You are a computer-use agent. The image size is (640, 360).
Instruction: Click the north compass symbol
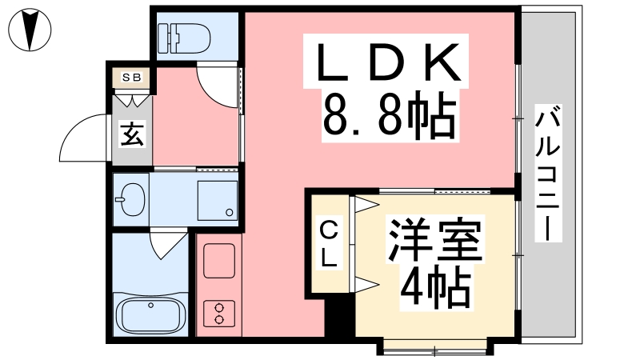click(30, 30)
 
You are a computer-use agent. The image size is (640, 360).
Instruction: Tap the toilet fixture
click(184, 38)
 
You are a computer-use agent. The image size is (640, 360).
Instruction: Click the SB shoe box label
click(132, 77)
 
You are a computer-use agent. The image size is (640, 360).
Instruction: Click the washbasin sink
click(131, 199)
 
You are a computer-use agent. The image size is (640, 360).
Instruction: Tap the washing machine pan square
click(218, 201)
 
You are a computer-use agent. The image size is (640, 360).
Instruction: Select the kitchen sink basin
click(219, 261)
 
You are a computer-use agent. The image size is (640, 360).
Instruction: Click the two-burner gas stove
click(219, 314)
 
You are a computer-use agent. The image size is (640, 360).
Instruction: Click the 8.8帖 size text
click(390, 115)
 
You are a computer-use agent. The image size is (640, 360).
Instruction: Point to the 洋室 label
click(435, 241)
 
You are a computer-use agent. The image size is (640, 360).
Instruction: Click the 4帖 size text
click(435, 287)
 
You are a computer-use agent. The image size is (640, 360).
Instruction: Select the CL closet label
click(330, 244)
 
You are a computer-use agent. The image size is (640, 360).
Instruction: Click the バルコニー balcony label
click(548, 173)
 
